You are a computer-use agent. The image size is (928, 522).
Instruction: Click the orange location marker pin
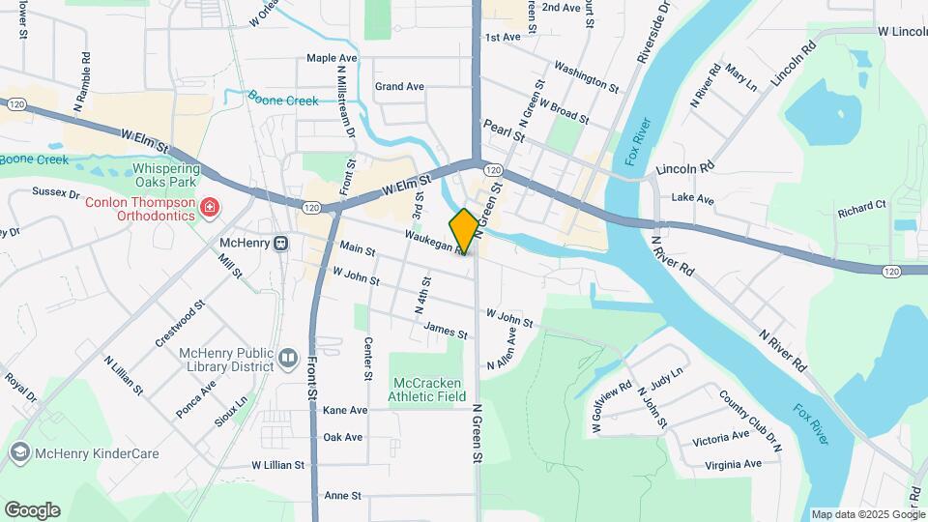point(464,231)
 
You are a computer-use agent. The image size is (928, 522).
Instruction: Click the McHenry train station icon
point(280,243)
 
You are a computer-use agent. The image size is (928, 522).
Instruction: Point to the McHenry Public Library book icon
point(287,360)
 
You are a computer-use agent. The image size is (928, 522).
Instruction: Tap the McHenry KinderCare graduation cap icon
point(19,452)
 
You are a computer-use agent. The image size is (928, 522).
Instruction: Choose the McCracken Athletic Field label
point(426,388)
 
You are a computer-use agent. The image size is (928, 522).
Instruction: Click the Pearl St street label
point(504,131)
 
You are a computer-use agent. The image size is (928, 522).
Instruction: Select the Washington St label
point(586,77)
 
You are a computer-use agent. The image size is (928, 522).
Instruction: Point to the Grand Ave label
point(399,87)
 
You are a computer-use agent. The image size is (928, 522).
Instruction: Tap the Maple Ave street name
point(332,58)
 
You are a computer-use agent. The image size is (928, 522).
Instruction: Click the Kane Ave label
point(345,410)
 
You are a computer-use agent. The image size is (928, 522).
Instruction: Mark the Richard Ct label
point(861,207)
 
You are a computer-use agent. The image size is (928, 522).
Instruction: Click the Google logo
point(31,509)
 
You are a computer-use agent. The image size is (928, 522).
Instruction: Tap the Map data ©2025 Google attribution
point(866,514)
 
